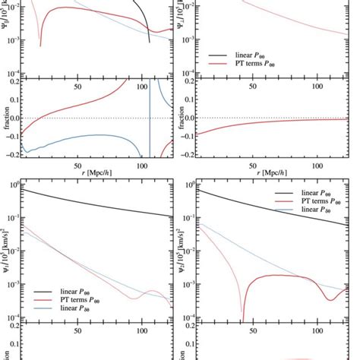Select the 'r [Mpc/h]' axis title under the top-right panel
(270, 173)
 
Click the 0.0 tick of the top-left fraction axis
(14, 118)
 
